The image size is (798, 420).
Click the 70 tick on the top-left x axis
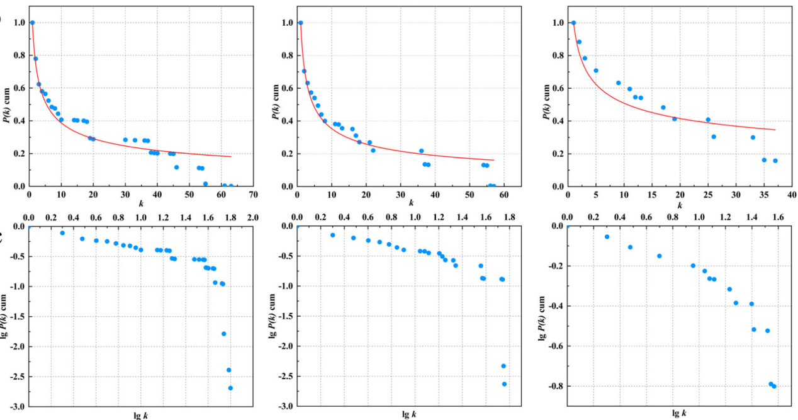253,194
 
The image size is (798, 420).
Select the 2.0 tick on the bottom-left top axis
253,217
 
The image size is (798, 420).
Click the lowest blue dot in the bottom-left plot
230,388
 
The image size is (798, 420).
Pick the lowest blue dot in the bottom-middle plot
504,384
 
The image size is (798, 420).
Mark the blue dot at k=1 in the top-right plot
573,23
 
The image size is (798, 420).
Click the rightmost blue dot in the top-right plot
775,161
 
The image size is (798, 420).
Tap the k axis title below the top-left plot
141,203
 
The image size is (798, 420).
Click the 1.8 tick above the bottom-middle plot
509,217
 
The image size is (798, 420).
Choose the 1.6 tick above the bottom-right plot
778,217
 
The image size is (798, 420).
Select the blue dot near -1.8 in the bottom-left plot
224,334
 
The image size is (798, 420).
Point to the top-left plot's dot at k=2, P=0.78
35,59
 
